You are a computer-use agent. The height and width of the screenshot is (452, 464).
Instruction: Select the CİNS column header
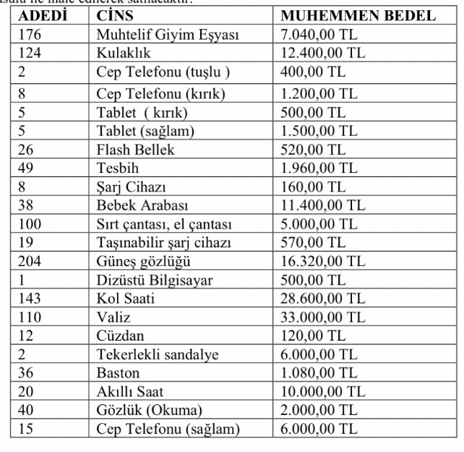[116, 16]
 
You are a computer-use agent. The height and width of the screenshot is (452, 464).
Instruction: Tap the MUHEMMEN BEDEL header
[358, 16]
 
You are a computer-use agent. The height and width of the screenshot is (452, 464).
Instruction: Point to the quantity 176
[31, 34]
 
